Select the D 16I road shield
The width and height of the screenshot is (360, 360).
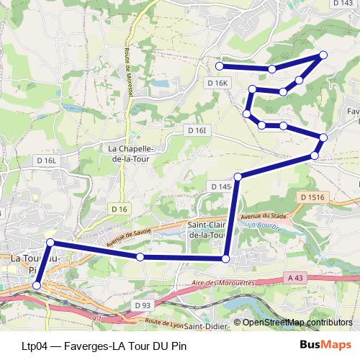pos(197,130)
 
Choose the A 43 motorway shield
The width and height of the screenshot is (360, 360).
pos(294,276)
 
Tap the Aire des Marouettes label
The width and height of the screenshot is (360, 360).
pos(224,284)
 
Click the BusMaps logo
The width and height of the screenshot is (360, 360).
pos(325,344)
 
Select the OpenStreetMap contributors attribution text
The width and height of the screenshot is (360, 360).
pos(297,323)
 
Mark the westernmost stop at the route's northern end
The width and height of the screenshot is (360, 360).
pos(220,66)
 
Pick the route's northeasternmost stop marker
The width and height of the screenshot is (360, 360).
pos(323,55)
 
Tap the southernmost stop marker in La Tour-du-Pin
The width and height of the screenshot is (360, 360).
pos(37,286)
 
